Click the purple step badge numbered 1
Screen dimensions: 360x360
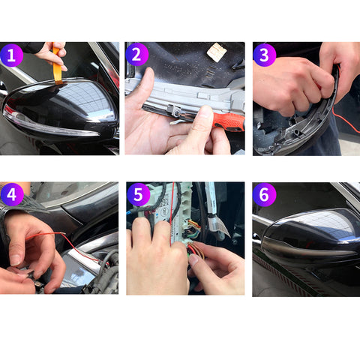(x=12, y=55)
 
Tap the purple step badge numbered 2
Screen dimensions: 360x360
(x=137, y=55)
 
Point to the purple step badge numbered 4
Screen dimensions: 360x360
(x=12, y=195)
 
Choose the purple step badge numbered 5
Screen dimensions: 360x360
(x=137, y=195)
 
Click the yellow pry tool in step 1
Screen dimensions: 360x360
(x=58, y=63)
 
